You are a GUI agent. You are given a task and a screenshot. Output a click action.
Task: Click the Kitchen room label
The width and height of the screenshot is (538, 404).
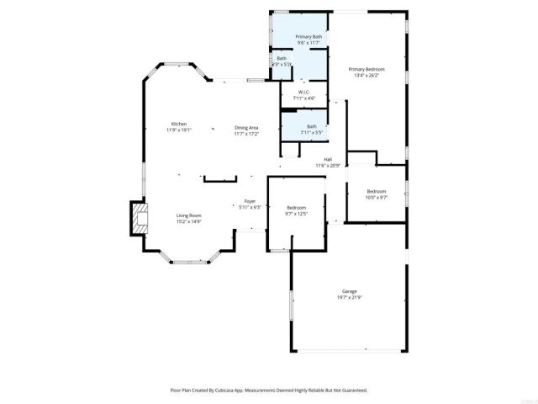179,124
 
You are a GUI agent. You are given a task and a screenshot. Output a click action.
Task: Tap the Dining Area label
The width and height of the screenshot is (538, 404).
246,127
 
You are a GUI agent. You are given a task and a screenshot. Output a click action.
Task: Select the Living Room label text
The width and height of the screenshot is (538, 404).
188,215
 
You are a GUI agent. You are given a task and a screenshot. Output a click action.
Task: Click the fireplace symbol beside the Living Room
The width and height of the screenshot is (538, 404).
136,219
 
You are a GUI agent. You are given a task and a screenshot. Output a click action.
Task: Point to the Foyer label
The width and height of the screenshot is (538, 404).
250,201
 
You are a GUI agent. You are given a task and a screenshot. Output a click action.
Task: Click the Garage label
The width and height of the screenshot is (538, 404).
349,290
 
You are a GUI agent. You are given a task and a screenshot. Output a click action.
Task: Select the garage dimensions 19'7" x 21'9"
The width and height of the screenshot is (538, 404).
349,297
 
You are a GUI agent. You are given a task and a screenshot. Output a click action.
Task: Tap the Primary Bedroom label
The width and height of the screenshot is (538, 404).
367,68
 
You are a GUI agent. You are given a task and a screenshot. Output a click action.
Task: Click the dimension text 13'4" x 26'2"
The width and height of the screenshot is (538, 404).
367,75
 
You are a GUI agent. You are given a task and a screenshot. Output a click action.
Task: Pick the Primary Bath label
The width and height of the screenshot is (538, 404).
309,37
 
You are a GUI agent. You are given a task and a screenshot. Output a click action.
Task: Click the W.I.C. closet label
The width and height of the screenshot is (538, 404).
303,93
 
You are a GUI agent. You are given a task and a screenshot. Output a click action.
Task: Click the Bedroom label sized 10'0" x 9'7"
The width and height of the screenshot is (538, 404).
376,191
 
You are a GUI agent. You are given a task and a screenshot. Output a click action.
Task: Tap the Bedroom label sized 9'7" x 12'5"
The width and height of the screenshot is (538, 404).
297,207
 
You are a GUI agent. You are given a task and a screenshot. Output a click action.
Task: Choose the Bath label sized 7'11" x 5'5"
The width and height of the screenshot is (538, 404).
311,126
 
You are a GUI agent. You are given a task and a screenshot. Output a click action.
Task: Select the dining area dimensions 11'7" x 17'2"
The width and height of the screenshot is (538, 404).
246,134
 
